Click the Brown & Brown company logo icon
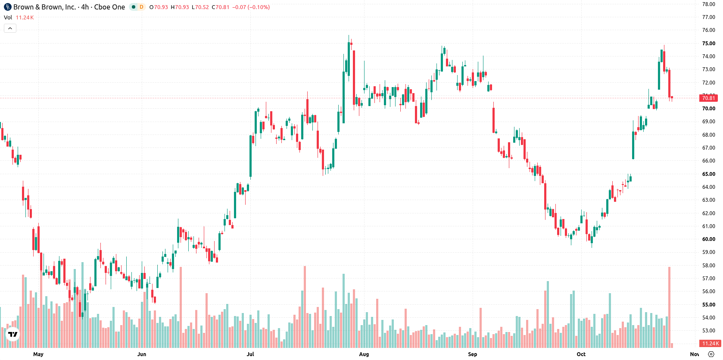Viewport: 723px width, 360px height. point(7,7)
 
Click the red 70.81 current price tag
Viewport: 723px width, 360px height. point(708,98)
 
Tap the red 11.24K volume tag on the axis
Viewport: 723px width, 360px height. point(710,344)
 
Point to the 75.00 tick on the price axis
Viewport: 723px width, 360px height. point(708,44)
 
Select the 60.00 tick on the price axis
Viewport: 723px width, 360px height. point(708,239)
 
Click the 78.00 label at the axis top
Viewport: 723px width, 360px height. point(708,4)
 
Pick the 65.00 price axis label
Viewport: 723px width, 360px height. point(708,174)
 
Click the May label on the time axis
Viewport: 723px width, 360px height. point(38,354)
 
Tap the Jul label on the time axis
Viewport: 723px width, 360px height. point(250,354)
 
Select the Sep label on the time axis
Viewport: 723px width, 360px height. point(472,354)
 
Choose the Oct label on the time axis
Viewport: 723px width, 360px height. point(581,354)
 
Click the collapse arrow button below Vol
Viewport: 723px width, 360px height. point(10,28)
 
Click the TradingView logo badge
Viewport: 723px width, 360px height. point(13,334)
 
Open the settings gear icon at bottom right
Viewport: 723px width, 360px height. point(711,354)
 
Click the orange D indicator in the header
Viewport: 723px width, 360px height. point(141,7)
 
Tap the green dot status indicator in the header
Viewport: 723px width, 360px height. point(133,7)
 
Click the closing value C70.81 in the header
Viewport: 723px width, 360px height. point(221,7)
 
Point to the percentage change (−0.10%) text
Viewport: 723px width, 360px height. point(259,7)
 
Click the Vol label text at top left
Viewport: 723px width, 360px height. point(8,17)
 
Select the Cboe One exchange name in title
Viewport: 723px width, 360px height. point(109,7)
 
